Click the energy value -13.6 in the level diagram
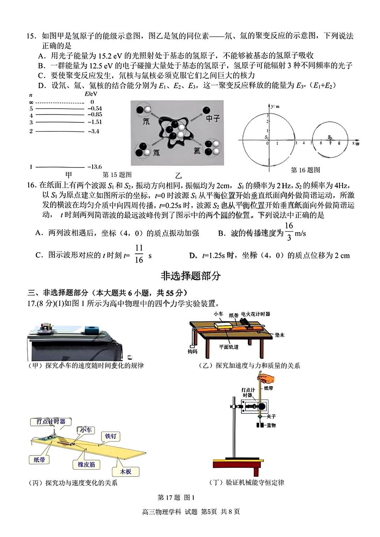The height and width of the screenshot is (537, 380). [94, 167]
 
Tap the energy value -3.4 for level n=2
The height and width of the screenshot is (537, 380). [93, 131]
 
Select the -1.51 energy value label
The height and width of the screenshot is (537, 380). [94, 122]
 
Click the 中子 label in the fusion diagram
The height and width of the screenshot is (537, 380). [213, 119]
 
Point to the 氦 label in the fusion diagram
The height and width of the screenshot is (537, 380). [197, 151]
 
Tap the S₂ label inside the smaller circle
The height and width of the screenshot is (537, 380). [330, 137]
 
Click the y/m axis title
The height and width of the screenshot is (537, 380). [275, 106]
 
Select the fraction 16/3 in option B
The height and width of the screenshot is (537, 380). [289, 231]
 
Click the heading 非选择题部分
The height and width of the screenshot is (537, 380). [191, 276]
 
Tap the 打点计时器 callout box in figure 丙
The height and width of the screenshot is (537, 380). [51, 422]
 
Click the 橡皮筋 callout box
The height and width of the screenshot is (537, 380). [86, 465]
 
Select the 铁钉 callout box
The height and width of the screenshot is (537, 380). [110, 436]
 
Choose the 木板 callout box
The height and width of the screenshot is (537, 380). [126, 472]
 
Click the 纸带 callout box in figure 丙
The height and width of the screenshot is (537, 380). [39, 460]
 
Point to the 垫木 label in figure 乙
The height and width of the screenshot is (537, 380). [279, 335]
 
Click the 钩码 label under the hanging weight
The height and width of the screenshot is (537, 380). [192, 351]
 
